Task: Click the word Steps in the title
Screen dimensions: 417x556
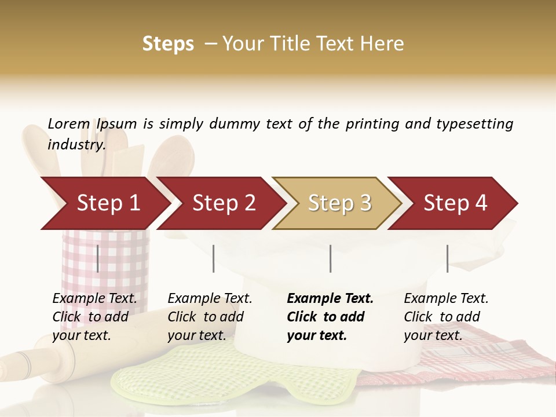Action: [x=168, y=44]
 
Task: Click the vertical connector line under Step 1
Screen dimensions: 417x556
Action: [x=98, y=258]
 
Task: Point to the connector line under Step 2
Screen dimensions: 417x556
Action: [x=214, y=258]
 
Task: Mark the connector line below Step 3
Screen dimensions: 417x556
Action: [x=330, y=258]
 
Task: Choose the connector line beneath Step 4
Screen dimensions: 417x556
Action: [x=447, y=258]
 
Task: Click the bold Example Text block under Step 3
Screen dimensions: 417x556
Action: [x=330, y=317]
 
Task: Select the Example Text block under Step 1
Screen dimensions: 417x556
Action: [x=94, y=317]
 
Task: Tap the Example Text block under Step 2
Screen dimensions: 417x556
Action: [x=210, y=317]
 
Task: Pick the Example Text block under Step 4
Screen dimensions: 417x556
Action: [x=446, y=317]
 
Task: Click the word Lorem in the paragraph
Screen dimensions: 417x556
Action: [x=69, y=124]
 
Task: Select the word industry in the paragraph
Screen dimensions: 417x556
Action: [x=76, y=145]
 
